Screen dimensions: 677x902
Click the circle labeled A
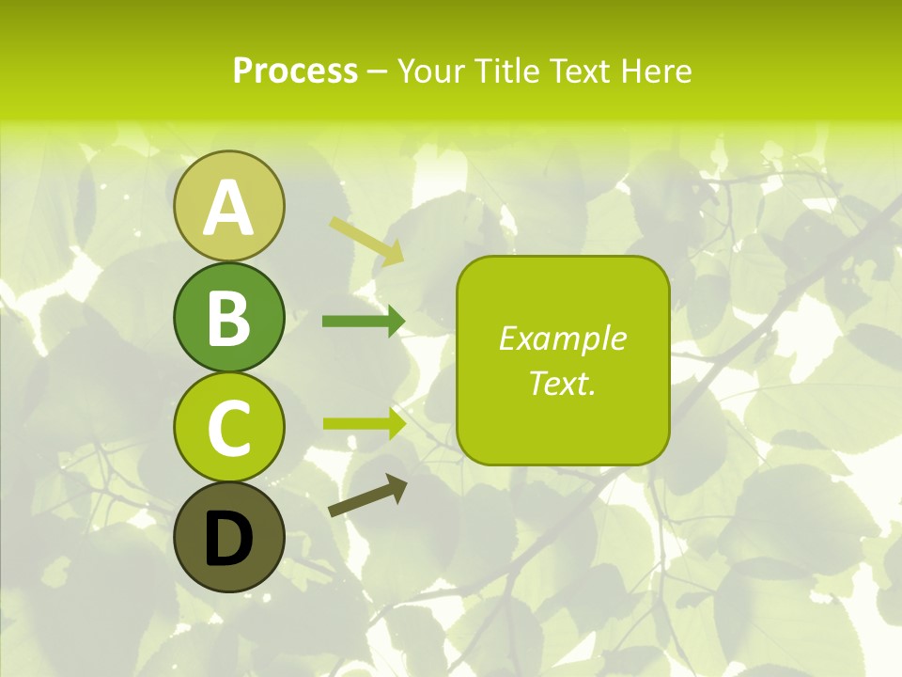click(x=228, y=206)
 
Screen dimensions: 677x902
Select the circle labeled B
click(x=228, y=317)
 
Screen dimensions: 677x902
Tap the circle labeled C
click(x=228, y=427)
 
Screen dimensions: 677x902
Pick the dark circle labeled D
click(x=228, y=537)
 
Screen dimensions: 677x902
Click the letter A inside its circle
click(x=228, y=208)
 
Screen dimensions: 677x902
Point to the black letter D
click(x=228, y=539)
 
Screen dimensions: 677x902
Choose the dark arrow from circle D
click(x=367, y=496)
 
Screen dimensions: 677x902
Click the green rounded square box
click(x=563, y=360)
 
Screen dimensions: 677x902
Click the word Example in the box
click(x=563, y=338)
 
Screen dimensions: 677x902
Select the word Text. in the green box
click(x=563, y=383)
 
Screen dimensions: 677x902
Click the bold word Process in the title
click(x=295, y=71)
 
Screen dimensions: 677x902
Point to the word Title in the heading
click(x=508, y=71)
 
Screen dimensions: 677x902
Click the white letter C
click(x=228, y=429)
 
